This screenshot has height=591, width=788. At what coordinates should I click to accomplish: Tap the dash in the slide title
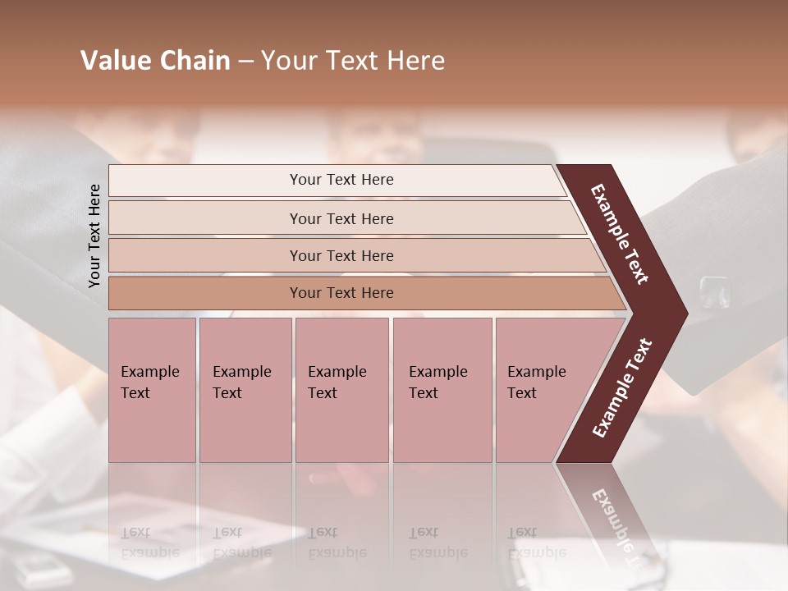(245, 62)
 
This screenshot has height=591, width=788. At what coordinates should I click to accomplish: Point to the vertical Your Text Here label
(94, 236)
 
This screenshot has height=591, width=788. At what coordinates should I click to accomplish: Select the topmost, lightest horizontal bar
(341, 180)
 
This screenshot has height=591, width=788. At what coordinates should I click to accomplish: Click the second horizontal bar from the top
(341, 218)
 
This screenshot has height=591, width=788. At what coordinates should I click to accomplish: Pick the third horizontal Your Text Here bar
(341, 255)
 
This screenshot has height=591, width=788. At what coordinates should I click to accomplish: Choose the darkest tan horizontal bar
(341, 293)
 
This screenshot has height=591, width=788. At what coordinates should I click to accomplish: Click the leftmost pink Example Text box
(152, 390)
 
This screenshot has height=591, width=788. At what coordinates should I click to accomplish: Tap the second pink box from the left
(245, 390)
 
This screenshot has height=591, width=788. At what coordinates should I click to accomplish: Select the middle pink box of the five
(341, 390)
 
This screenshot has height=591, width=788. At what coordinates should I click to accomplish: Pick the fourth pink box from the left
(442, 390)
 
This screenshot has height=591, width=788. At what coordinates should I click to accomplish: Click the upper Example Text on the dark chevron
(620, 234)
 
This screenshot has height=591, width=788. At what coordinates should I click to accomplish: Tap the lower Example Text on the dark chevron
(621, 387)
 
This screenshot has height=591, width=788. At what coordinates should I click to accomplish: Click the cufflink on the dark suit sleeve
(712, 291)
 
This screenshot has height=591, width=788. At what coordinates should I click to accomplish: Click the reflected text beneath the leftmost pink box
(149, 542)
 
